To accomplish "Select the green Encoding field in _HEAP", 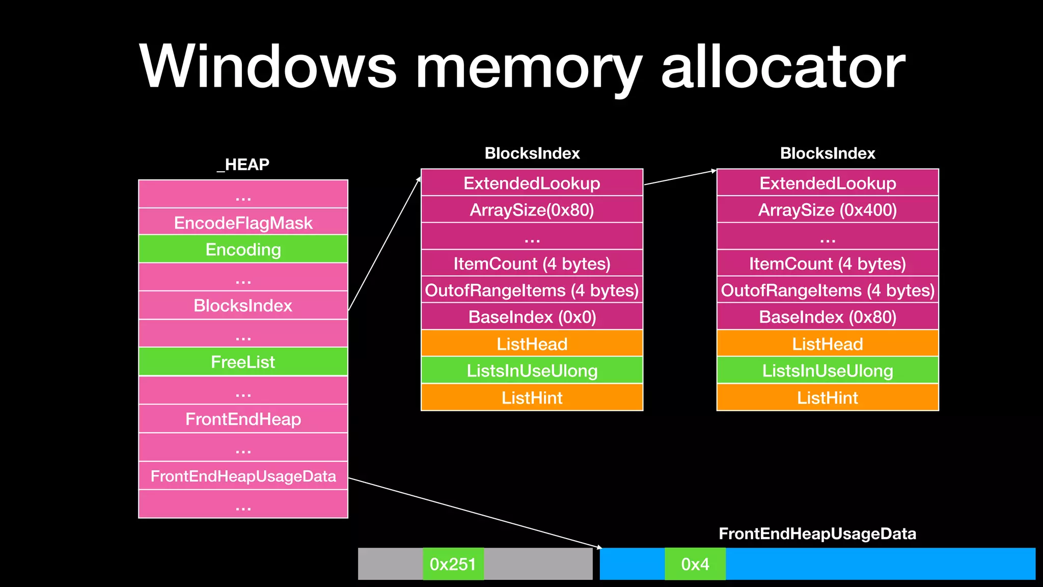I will coord(243,249).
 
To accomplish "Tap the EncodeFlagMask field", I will coord(243,223).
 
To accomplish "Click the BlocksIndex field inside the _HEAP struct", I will coord(243,305).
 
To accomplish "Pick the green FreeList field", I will coord(243,362).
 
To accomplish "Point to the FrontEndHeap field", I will coord(243,419).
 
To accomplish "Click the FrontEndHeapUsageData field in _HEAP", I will coord(243,476).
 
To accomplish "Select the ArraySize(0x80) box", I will coord(532,209).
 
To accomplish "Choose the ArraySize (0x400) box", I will coord(827,209).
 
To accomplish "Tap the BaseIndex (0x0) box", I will coord(532,316).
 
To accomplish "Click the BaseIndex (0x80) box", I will coord(827,316).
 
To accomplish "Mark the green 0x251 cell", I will coord(453,564).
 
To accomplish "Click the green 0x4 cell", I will coord(695,564).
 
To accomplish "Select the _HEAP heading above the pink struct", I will coord(243,164).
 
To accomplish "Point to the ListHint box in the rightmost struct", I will coord(827,397).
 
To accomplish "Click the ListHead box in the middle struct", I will coord(532,343).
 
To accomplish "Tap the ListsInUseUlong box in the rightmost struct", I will coord(827,370).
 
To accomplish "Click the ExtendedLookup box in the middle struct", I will coord(532,183).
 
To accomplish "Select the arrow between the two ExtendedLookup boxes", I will coord(680,177).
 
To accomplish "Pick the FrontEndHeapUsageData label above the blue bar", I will coord(817,533).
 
